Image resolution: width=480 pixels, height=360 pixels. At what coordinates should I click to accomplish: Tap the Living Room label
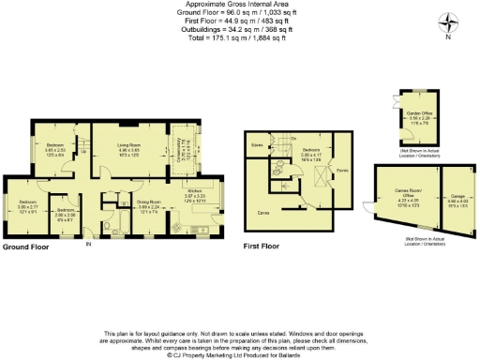pyautogui.click(x=128, y=148)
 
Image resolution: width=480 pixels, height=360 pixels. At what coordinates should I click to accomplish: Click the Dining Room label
pyautogui.click(x=150, y=203)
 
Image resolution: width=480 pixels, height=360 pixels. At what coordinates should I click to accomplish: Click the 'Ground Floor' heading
pyautogui.click(x=25, y=247)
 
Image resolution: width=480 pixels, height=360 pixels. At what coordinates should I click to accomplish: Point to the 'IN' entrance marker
pyautogui.click(x=89, y=245)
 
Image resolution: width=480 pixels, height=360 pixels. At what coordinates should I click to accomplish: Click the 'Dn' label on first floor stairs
pyautogui.click(x=292, y=140)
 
